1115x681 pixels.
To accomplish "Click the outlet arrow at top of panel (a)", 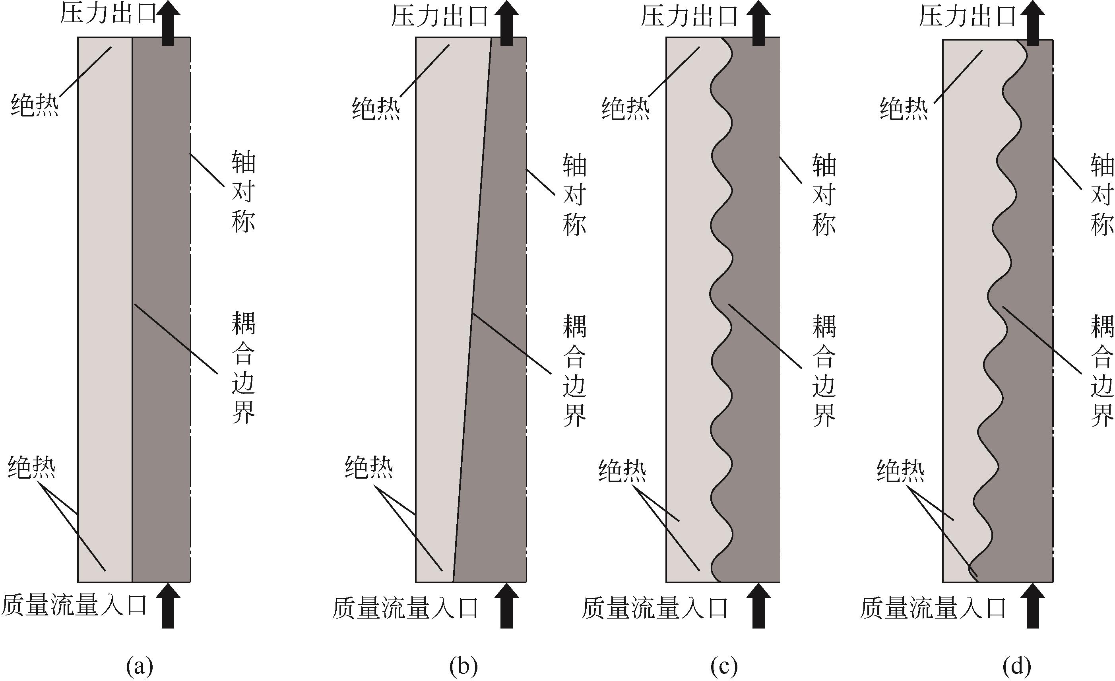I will click(168, 23).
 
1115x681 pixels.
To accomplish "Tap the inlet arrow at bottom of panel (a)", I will click(168, 605).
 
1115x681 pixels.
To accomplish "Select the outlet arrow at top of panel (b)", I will click(506, 23).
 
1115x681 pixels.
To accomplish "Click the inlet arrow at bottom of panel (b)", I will click(506, 605).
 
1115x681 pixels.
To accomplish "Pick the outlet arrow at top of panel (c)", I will click(758, 23).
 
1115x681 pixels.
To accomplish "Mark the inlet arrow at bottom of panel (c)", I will click(758, 605).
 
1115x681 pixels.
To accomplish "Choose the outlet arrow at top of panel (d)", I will click(1033, 23).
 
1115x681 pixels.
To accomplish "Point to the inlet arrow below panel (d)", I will click(1033, 605).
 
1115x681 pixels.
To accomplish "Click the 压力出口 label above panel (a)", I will click(108, 14).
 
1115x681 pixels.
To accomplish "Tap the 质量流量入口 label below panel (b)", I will click(405, 608).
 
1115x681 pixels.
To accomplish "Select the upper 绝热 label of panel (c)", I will click(625, 109).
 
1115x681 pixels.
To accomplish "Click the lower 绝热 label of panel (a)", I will click(32, 467).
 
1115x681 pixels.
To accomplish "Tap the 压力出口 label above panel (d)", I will click(968, 16).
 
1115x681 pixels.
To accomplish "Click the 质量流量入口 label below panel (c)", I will click(655, 608).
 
